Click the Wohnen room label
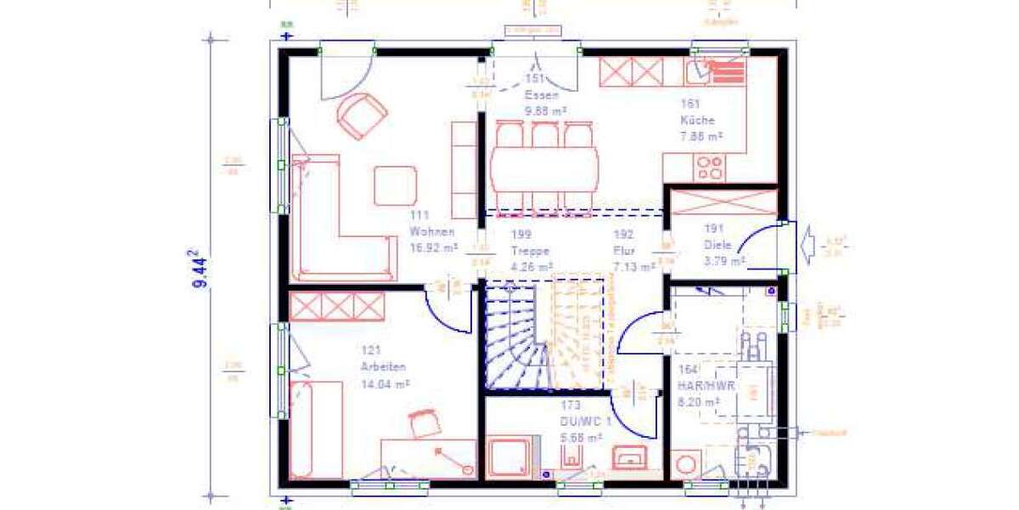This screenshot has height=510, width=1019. click(x=432, y=231)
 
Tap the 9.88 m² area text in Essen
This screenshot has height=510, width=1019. click(x=545, y=111)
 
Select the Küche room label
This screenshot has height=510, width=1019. click(x=697, y=120)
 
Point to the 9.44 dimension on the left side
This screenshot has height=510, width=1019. click(x=200, y=269)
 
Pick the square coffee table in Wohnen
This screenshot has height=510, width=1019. click(x=395, y=184)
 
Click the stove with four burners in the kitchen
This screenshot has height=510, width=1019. click(x=709, y=167)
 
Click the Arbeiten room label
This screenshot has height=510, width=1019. click(x=383, y=366)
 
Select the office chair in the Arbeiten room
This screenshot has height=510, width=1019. click(x=424, y=422)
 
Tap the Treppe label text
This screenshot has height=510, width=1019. click(x=531, y=251)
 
